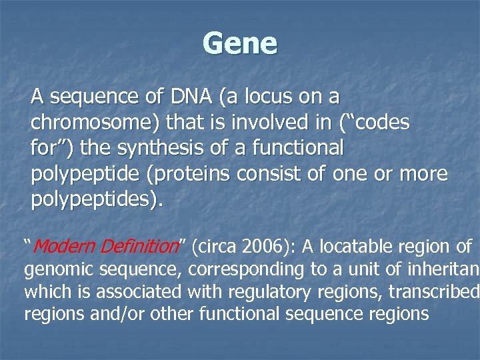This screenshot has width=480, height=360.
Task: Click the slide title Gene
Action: [240, 44]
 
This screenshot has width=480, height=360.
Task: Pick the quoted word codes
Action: [377, 123]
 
